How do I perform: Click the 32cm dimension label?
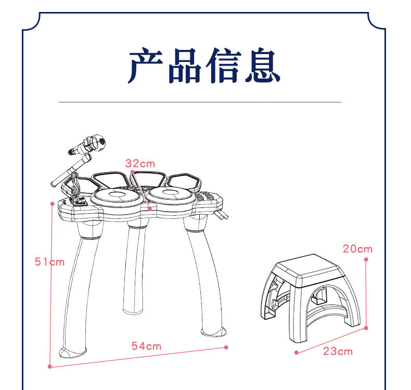[140, 163]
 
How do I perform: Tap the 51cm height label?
[49, 262]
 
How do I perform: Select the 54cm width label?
[146, 346]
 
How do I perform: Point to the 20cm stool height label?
[357, 249]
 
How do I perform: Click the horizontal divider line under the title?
[200, 102]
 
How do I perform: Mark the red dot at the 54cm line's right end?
[226, 347]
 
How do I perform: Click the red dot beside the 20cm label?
[366, 259]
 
